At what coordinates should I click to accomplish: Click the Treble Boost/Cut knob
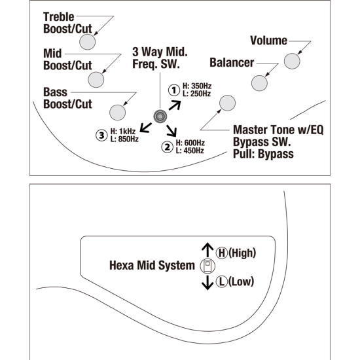(88, 42)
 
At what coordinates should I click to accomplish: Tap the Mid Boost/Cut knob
(96, 80)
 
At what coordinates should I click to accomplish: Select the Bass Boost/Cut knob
(118, 113)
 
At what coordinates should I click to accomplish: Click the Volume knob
(292, 61)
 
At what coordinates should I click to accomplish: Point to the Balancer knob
(259, 83)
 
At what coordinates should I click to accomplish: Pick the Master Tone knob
(228, 103)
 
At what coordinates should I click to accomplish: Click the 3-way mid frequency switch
(160, 117)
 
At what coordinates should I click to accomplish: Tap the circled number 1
(174, 90)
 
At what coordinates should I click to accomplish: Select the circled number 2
(168, 147)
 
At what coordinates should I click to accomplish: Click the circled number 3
(101, 135)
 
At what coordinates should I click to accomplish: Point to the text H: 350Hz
(197, 86)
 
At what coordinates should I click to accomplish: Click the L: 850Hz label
(124, 139)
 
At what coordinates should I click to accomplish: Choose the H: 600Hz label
(190, 143)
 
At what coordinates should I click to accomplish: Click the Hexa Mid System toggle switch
(207, 266)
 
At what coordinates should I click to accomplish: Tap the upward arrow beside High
(207, 250)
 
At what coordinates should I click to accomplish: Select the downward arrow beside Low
(207, 283)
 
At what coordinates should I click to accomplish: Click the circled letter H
(222, 253)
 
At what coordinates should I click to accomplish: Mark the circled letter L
(222, 281)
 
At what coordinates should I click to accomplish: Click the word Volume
(268, 41)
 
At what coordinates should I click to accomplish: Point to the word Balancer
(232, 63)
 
